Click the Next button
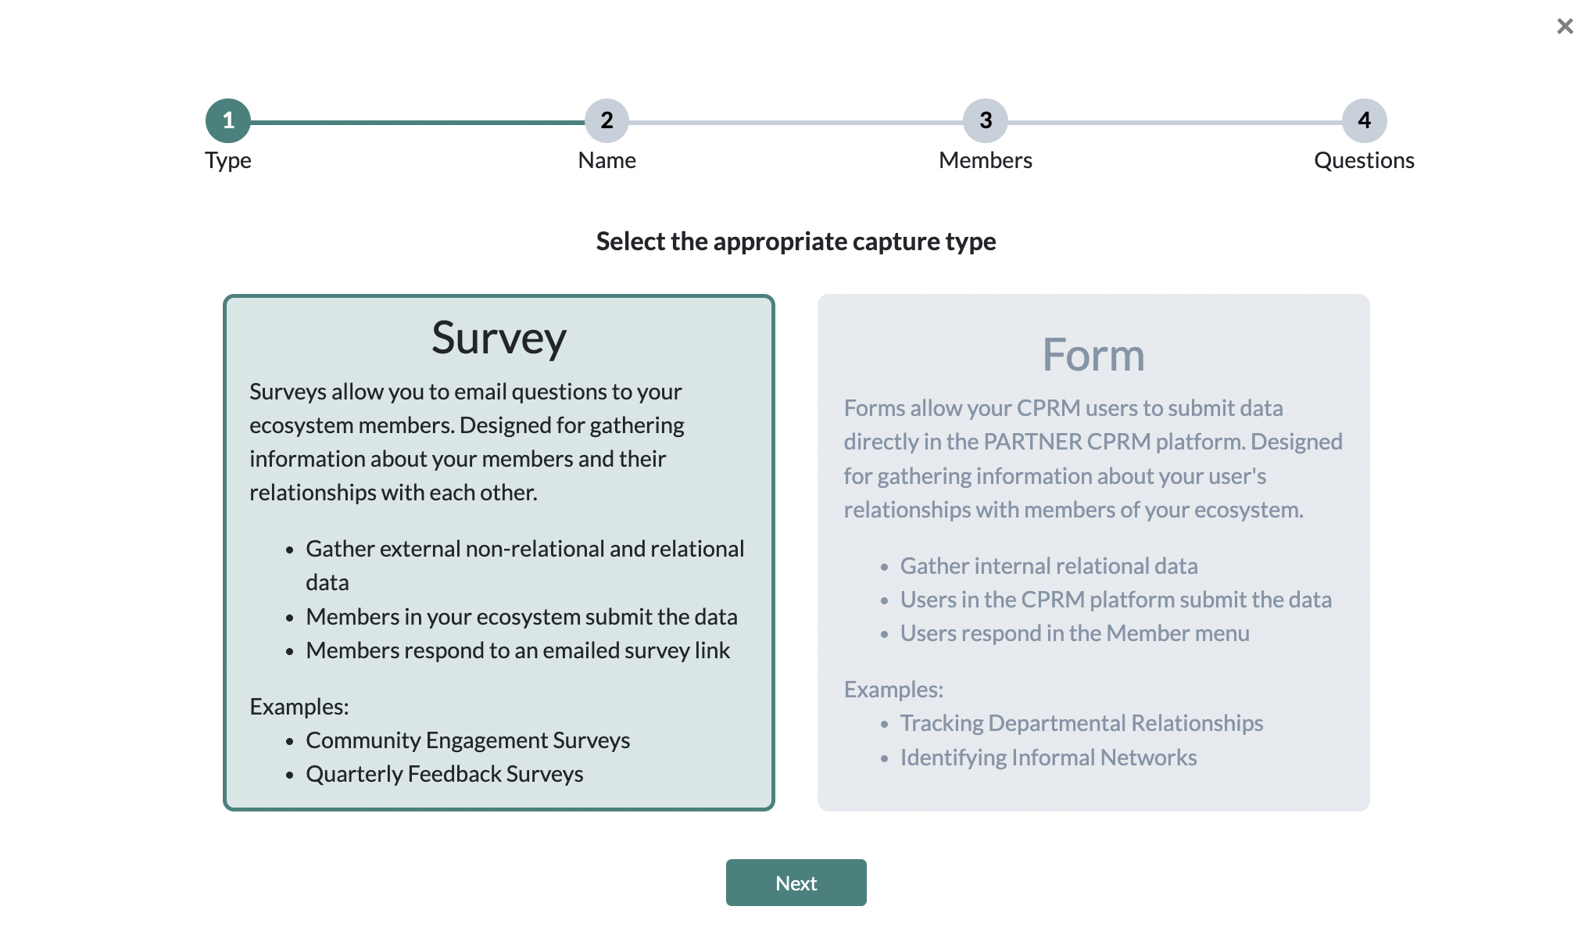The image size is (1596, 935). coord(796,883)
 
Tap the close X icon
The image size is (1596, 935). coord(1565,27)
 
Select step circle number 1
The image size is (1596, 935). coord(228,120)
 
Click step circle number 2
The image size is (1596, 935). coord(607,120)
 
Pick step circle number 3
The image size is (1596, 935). coord(986,120)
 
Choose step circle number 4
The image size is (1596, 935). coord(1365,120)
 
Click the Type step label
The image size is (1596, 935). coord(228,161)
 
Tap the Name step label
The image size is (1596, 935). coord(607,160)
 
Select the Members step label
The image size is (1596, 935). coord(986,160)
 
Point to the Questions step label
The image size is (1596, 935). coord(1365,160)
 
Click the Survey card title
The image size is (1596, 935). coord(499,339)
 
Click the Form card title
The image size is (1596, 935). coord(1093,355)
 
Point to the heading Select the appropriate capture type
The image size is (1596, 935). coord(796,242)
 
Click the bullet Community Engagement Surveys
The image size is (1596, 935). coord(467,740)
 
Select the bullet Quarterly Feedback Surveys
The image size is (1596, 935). coord(445,774)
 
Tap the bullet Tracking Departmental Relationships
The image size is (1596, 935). coord(1082,723)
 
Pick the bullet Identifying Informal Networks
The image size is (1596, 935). coord(1049,758)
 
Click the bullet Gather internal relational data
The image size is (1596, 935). coord(1049,566)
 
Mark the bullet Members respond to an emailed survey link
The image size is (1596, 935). coord(518,650)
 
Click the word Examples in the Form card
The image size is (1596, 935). coord(893,690)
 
